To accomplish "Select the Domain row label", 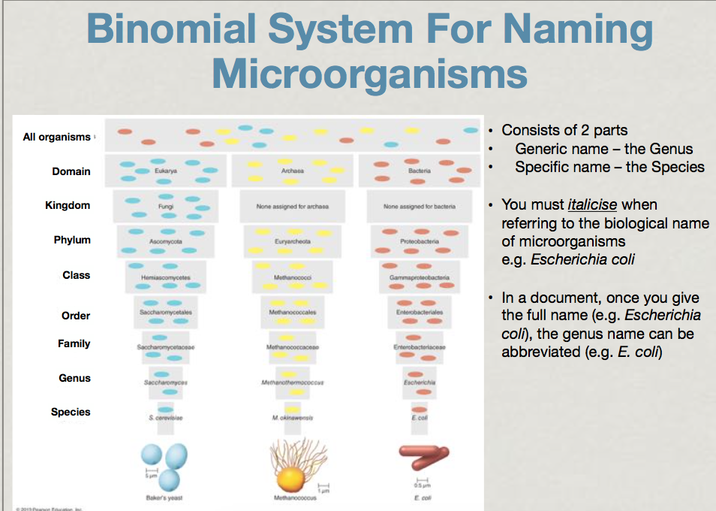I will tap(71, 171).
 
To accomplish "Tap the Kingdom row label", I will tap(68, 205).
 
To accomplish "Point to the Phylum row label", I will tap(72, 240).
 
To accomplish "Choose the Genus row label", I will tap(74, 378).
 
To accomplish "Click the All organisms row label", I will tap(56, 137).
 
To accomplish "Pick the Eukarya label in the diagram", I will tap(166, 171).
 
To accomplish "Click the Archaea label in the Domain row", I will tap(293, 171).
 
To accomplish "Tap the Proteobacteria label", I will tap(420, 242).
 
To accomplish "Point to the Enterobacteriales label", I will tap(420, 312).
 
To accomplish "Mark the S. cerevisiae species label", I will tap(166, 418).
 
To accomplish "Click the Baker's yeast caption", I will tap(164, 497).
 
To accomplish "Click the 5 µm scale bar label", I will tap(150, 476).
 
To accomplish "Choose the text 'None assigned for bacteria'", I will tap(420, 206).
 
